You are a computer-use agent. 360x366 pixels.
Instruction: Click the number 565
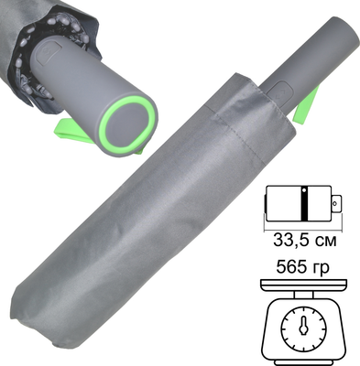[291, 272]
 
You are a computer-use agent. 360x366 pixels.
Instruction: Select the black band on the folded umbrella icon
[304, 202]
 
